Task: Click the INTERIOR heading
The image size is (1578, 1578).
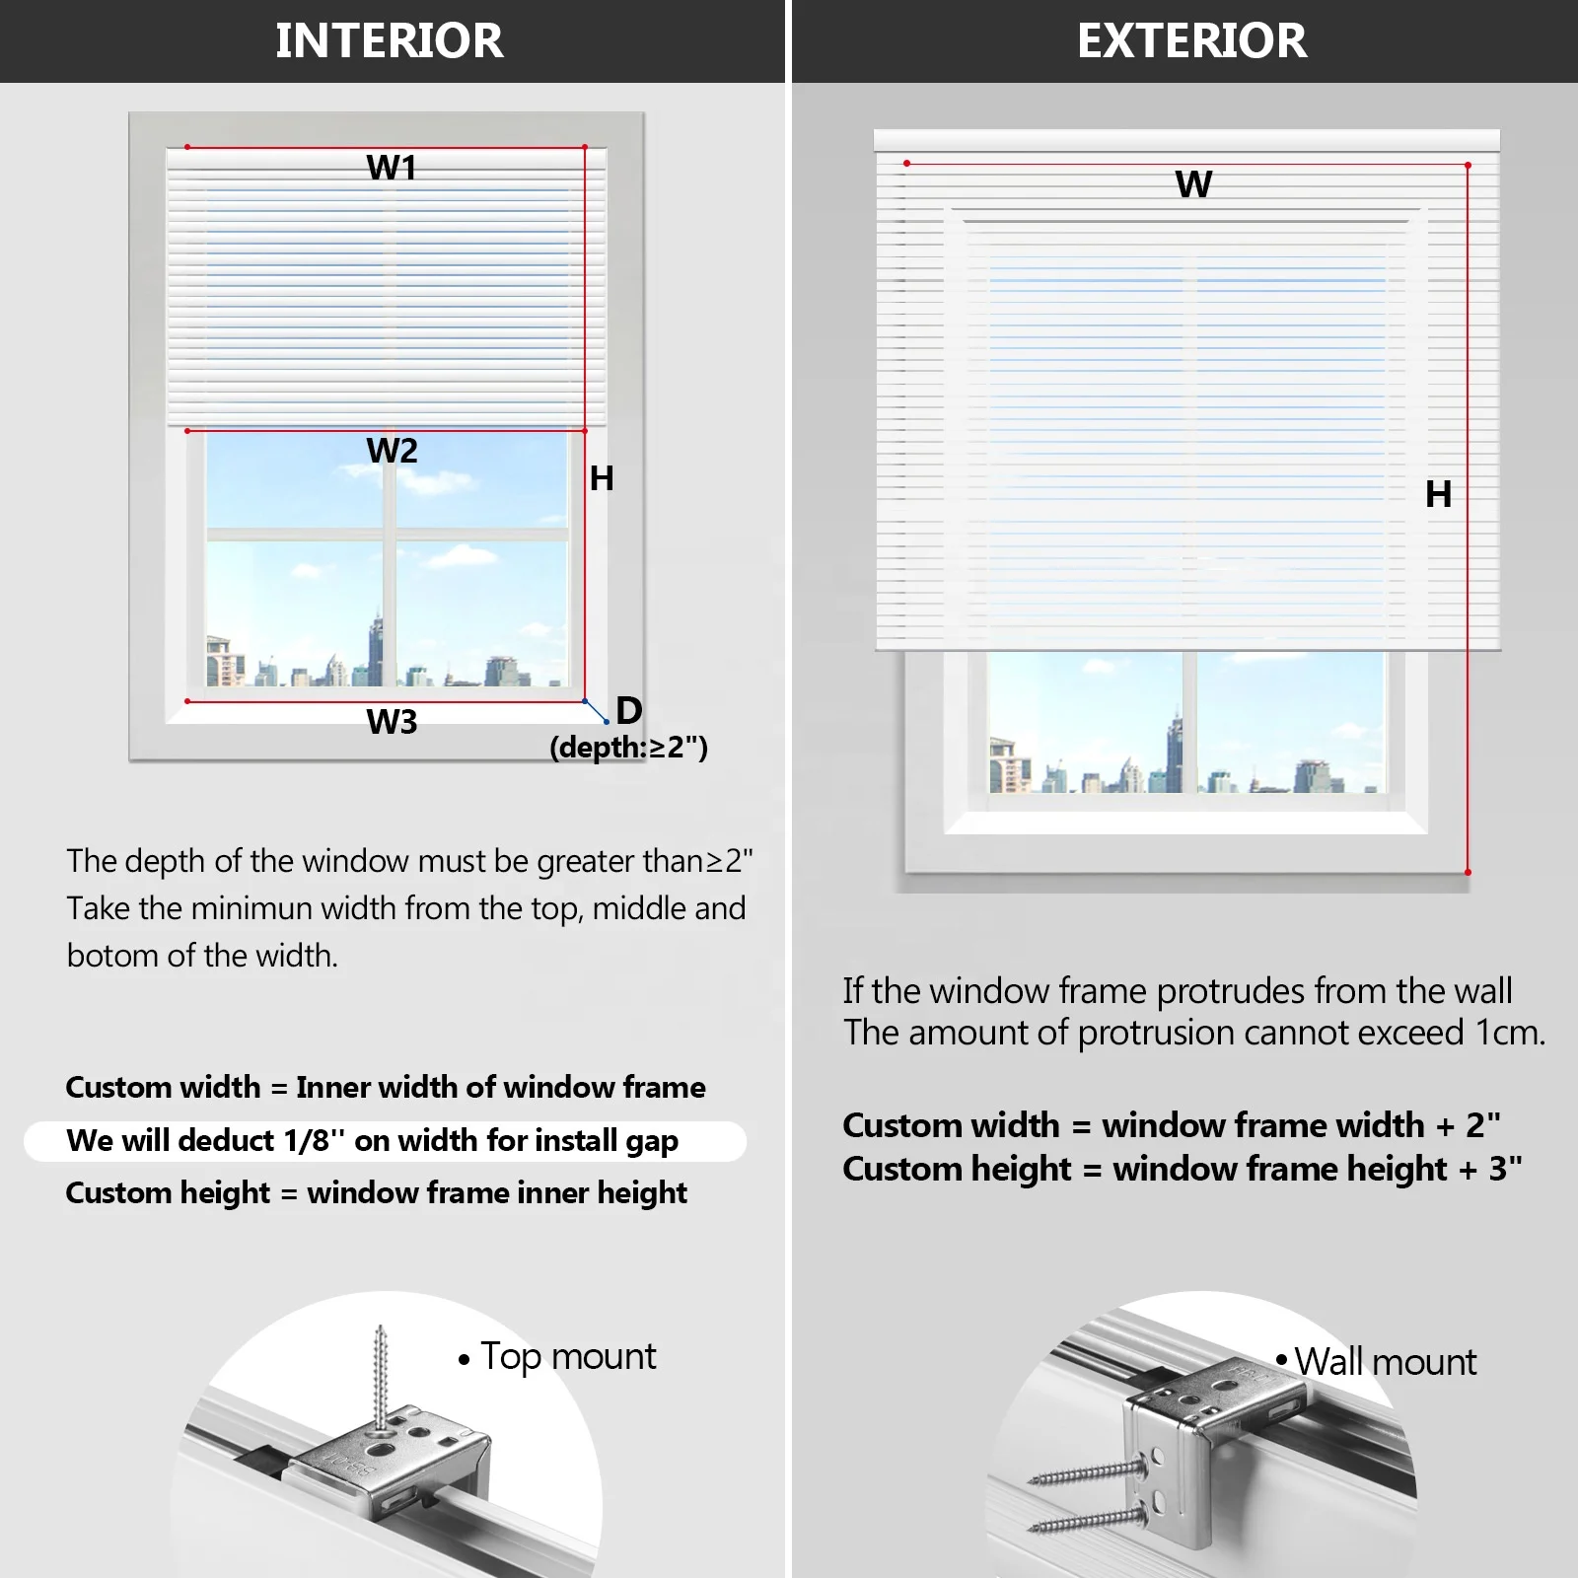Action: click(x=390, y=40)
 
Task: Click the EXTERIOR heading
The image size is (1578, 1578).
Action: click(x=1191, y=40)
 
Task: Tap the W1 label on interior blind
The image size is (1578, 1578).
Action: click(x=392, y=168)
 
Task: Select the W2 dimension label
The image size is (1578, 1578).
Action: click(x=392, y=451)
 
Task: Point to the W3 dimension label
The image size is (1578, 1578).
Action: click(x=392, y=722)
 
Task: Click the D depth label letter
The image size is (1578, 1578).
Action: click(x=629, y=710)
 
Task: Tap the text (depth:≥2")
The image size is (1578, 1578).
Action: click(x=628, y=748)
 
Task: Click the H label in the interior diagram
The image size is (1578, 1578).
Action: click(x=602, y=478)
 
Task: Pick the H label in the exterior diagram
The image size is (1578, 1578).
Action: click(x=1438, y=494)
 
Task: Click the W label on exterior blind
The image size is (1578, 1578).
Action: click(x=1193, y=184)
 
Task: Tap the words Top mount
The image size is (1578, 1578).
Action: click(x=568, y=1357)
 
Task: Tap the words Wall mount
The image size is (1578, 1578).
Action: click(x=1385, y=1362)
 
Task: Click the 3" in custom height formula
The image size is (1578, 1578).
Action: click(x=1505, y=1169)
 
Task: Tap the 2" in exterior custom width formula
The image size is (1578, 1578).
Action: click(x=1482, y=1125)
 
